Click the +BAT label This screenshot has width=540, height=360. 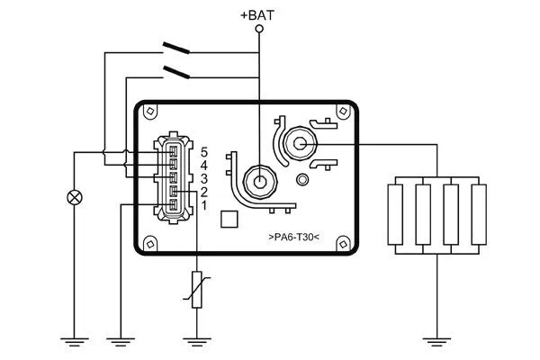tap(259, 15)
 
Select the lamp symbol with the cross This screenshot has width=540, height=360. tap(74, 197)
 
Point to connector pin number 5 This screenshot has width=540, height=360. tap(204, 152)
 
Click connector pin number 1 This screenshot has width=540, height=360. tap(204, 206)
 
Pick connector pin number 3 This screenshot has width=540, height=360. tap(204, 179)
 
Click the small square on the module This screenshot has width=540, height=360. tap(229, 220)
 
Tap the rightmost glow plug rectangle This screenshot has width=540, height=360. tap(478, 214)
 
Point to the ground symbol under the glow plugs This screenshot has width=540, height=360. tap(436, 340)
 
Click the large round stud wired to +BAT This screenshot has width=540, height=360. tap(259, 180)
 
